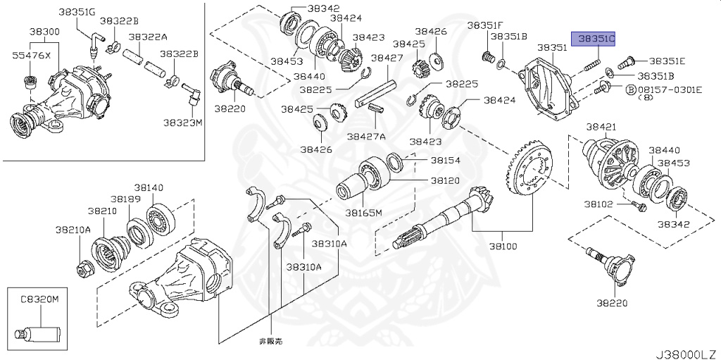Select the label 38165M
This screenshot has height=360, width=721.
point(363,212)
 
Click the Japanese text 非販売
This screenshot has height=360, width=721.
point(270,340)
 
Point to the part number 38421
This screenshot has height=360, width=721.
point(601,127)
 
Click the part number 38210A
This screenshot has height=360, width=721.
point(74,230)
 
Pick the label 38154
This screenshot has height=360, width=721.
point(445,161)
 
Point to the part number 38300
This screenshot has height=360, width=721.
point(44,32)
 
